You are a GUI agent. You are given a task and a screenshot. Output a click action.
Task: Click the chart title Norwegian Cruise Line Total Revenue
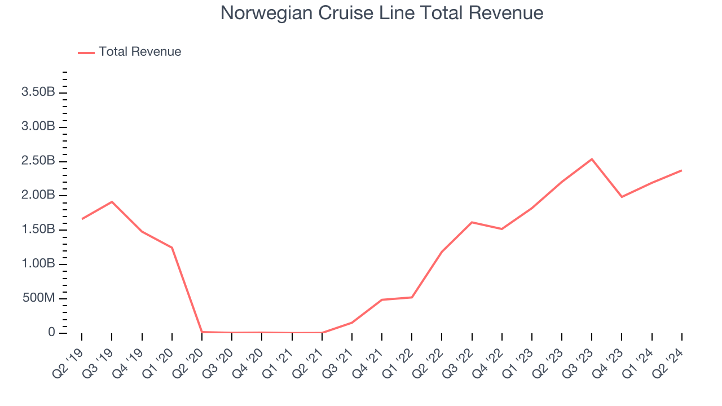(x=382, y=13)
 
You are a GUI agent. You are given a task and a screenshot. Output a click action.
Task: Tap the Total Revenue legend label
(x=140, y=52)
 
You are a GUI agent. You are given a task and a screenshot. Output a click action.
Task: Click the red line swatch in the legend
(x=86, y=52)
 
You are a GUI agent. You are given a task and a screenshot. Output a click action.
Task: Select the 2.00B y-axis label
(x=38, y=195)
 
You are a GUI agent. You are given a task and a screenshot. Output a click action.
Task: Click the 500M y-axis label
(x=38, y=298)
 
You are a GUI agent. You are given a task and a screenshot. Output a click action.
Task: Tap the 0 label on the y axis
(x=51, y=333)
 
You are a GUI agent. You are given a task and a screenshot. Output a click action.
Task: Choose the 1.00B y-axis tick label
(x=38, y=264)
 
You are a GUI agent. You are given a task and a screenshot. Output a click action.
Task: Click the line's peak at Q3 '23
(x=592, y=159)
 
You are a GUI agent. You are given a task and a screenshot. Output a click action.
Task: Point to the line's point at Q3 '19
(x=112, y=202)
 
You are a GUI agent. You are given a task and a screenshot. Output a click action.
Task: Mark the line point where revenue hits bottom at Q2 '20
(x=202, y=332)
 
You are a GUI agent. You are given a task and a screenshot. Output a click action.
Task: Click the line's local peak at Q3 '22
(x=472, y=222)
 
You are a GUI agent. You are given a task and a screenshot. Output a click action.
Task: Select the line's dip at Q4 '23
(x=622, y=197)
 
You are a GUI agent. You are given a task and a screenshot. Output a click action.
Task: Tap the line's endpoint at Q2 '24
(x=681, y=170)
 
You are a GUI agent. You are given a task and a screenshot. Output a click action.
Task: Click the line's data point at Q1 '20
(x=172, y=248)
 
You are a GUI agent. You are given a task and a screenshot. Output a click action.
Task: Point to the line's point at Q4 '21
(x=382, y=299)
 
